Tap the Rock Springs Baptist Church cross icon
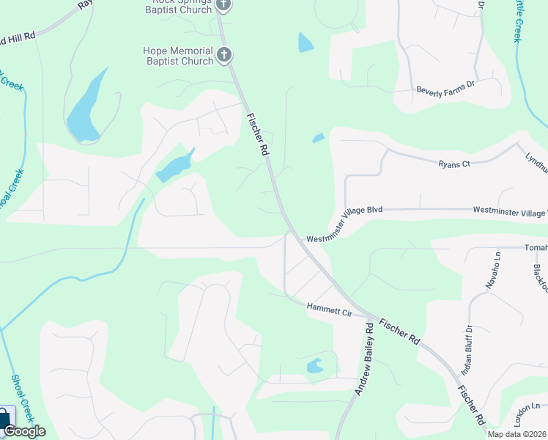tap(224, 6)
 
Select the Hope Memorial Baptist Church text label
tap(177, 56)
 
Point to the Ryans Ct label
tap(453, 164)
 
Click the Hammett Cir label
tap(329, 310)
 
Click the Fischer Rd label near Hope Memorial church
tap(257, 133)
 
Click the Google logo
tap(24, 431)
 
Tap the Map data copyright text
tap(517, 434)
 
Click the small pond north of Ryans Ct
tap(318, 138)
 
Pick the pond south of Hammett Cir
tap(314, 365)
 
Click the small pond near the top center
tap(305, 43)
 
